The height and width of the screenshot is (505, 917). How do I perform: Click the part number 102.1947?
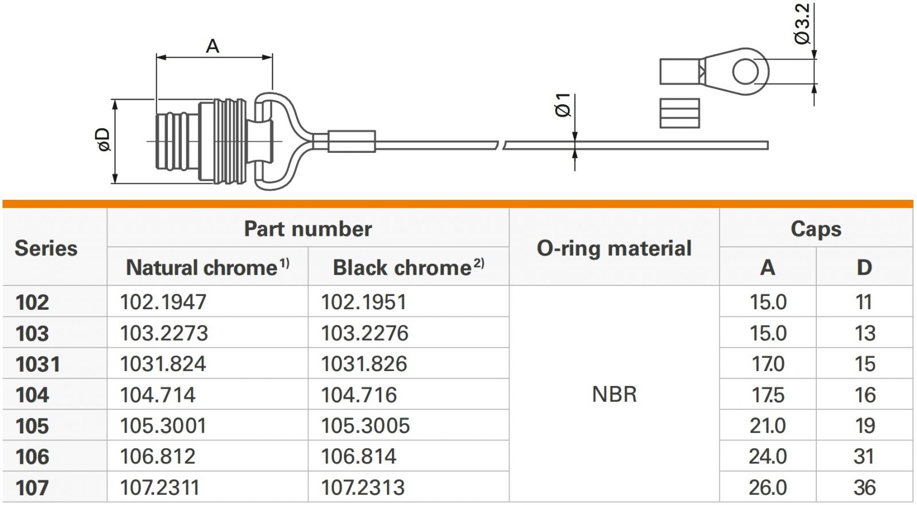(163, 302)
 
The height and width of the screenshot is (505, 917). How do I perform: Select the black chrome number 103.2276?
(365, 333)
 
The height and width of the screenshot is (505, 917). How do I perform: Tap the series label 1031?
(37, 364)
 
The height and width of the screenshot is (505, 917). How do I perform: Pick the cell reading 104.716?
(359, 395)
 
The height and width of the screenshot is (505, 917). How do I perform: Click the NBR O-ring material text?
(614, 394)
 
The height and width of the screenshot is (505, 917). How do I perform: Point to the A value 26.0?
(767, 487)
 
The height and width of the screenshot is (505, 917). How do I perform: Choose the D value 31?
(864, 456)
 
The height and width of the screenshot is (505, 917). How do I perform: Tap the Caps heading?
(816, 229)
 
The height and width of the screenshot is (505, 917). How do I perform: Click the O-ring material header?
(614, 248)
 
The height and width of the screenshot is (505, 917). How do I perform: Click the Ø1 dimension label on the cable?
(563, 105)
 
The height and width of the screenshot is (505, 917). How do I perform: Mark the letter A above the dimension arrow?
(213, 46)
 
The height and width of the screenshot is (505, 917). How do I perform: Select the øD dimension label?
(104, 140)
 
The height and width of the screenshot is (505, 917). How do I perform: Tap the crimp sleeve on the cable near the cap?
(351, 141)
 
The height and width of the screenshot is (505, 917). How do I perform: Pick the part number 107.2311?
(159, 488)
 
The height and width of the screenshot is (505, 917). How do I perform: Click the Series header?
(46, 248)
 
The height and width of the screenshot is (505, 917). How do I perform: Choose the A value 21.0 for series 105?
(767, 426)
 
